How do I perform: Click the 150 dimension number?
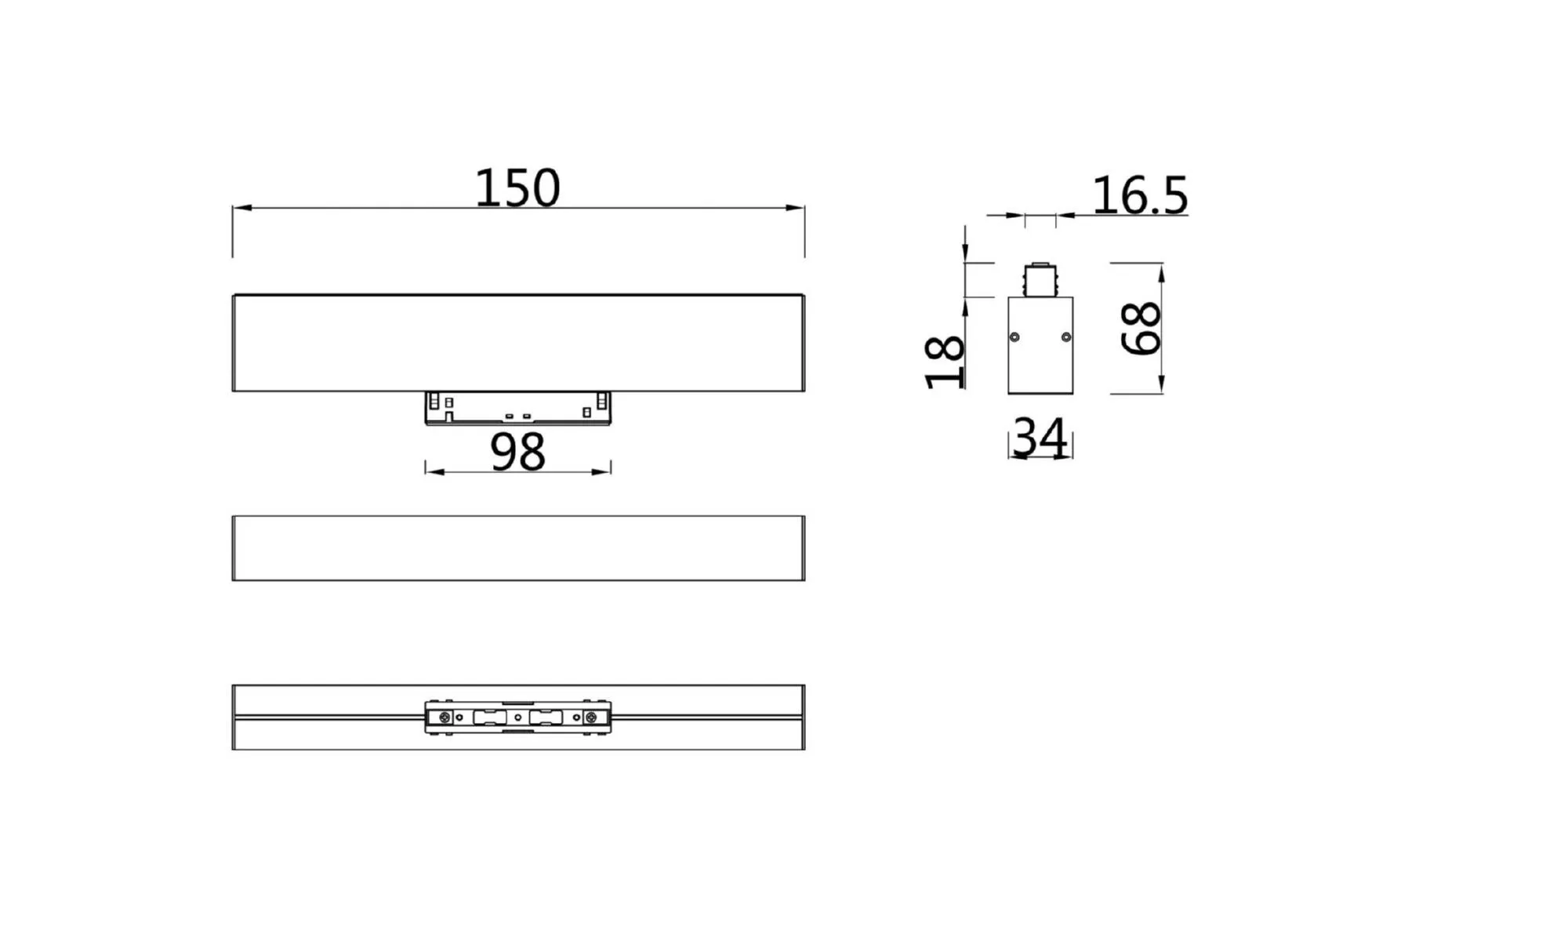click(x=517, y=188)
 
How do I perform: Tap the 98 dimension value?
click(x=517, y=452)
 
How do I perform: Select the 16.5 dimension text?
click(x=1140, y=195)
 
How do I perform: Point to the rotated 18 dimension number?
click(x=944, y=362)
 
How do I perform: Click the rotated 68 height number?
click(x=1141, y=329)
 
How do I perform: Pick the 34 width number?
click(x=1040, y=438)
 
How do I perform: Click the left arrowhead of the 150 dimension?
click(x=242, y=208)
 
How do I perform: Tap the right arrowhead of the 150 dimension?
click(x=795, y=208)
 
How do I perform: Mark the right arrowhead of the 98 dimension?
click(x=601, y=472)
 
